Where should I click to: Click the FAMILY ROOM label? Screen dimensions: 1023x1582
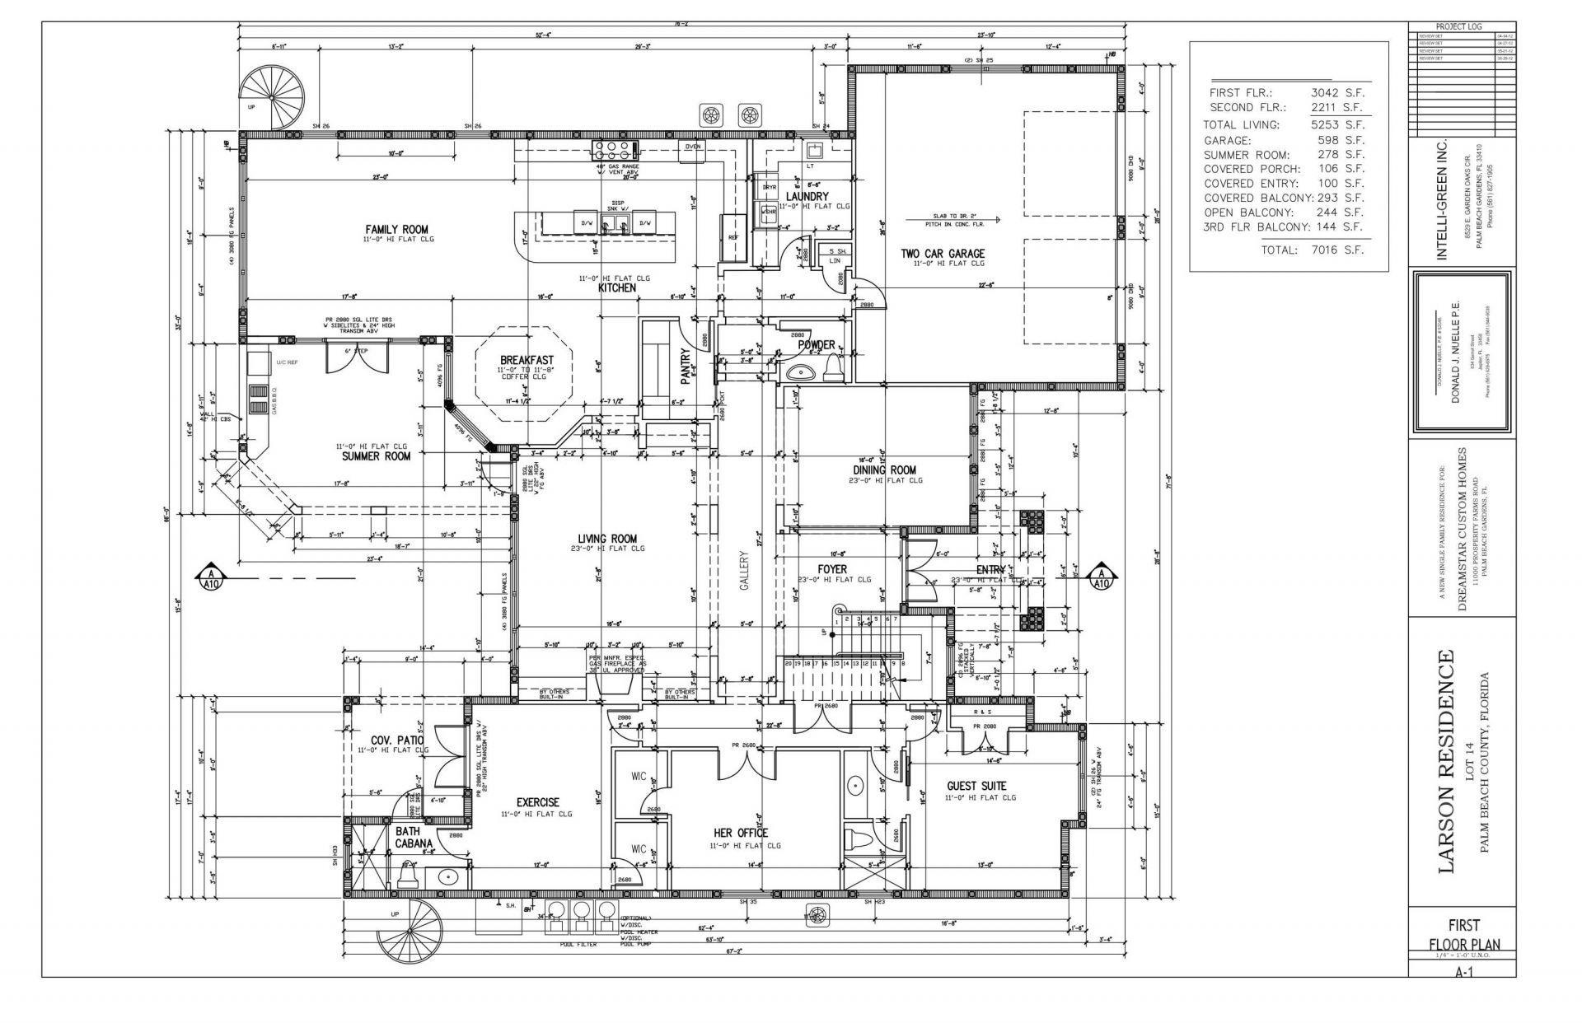[x=396, y=229]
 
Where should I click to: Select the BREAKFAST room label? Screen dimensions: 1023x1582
[x=527, y=360]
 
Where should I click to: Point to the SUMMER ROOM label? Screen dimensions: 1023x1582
[x=376, y=455]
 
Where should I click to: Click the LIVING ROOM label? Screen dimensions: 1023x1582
[x=606, y=539]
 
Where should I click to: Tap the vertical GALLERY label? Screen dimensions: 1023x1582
[x=743, y=571]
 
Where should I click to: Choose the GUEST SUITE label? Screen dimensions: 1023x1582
[x=976, y=786]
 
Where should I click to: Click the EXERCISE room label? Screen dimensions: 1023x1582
[x=538, y=801]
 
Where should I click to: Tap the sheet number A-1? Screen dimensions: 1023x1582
[x=1463, y=972]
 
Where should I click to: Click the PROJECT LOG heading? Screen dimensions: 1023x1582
[x=1463, y=26]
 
